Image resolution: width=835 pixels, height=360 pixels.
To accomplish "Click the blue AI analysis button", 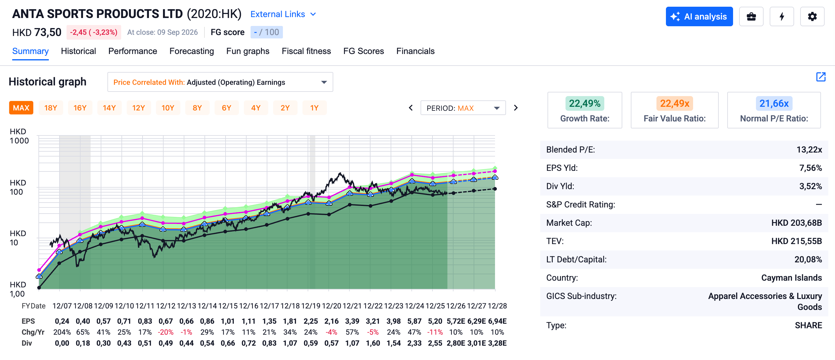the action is point(699,16).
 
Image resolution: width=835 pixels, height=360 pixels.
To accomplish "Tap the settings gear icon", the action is point(812,16).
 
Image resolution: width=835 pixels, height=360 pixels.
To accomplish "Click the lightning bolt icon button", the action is point(782,16).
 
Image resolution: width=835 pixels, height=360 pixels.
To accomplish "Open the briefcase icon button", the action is point(751,16).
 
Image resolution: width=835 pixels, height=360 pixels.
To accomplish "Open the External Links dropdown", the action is point(283,14).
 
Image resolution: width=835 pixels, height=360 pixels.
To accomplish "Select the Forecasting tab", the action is point(192,51).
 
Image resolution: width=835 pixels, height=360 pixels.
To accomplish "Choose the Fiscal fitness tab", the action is point(306,51).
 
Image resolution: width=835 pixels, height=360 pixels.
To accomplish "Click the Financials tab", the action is point(415,51).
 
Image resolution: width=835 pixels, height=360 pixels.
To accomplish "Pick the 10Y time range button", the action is point(168,108).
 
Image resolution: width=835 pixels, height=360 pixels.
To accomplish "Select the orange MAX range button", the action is point(21,108).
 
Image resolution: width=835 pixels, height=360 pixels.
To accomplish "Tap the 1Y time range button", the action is point(314,108).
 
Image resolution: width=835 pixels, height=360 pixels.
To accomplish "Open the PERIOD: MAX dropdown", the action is point(463,108).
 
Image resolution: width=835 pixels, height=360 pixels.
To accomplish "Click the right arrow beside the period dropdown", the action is point(516,108).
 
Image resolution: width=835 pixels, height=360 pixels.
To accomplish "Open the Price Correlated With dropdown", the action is point(220,82).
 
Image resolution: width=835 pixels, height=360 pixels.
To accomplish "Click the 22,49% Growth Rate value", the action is point(584,103).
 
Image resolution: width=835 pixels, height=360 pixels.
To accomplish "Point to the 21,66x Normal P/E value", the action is point(774,103).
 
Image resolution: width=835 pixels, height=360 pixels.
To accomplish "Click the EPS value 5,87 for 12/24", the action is point(414,321).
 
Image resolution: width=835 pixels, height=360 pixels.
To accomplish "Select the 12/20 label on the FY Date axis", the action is point(331,306).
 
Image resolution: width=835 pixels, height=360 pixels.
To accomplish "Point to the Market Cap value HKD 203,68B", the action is point(797,223).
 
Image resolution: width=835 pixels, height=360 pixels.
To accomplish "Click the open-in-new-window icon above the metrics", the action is point(821,77).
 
